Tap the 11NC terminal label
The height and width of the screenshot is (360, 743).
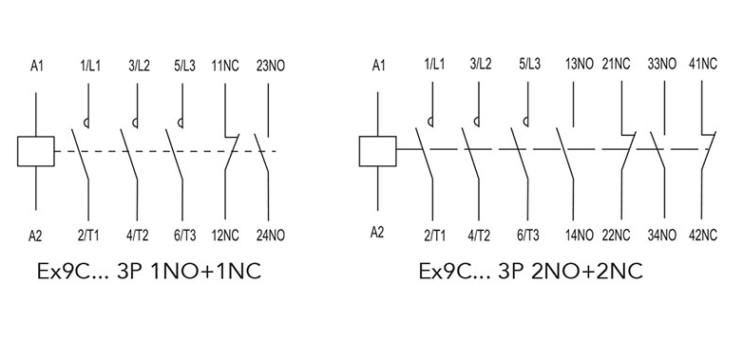pyautogui.click(x=225, y=66)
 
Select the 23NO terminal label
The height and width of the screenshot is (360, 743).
pyautogui.click(x=270, y=66)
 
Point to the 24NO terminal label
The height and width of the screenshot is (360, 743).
pyautogui.click(x=270, y=235)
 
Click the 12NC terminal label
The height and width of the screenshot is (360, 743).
pyautogui.click(x=225, y=235)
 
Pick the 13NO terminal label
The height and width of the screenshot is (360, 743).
pyautogui.click(x=579, y=64)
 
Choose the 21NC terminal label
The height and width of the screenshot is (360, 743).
pyautogui.click(x=616, y=64)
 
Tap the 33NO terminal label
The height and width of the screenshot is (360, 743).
pyautogui.click(x=662, y=64)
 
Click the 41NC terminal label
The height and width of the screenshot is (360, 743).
pyautogui.click(x=703, y=64)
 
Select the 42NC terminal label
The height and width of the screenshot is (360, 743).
pyautogui.click(x=703, y=235)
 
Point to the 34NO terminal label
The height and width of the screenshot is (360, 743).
pyautogui.click(x=662, y=235)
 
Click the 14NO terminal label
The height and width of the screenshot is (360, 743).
pyautogui.click(x=579, y=235)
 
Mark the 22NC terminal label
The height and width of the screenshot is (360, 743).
pyautogui.click(x=616, y=235)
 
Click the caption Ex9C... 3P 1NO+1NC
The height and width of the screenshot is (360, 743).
pyautogui.click(x=149, y=272)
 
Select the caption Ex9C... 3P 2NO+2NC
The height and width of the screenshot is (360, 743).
pyautogui.click(x=531, y=272)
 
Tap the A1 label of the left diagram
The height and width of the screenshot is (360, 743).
pyautogui.click(x=36, y=66)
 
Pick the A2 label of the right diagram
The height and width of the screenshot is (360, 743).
pyautogui.click(x=377, y=233)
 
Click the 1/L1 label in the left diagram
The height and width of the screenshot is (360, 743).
pyautogui.click(x=88, y=66)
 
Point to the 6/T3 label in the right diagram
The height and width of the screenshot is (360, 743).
pyautogui.click(x=527, y=235)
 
